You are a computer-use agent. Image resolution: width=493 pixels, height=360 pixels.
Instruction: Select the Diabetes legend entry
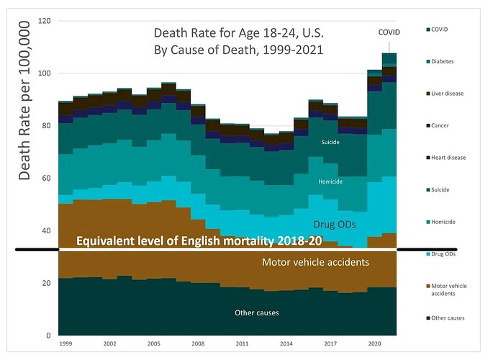[454, 61]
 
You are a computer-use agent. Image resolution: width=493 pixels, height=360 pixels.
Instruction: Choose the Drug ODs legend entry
[455, 254]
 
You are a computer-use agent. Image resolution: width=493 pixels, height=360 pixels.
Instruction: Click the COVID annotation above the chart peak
[389, 32]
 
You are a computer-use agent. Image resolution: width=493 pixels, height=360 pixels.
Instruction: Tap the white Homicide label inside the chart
[331, 181]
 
